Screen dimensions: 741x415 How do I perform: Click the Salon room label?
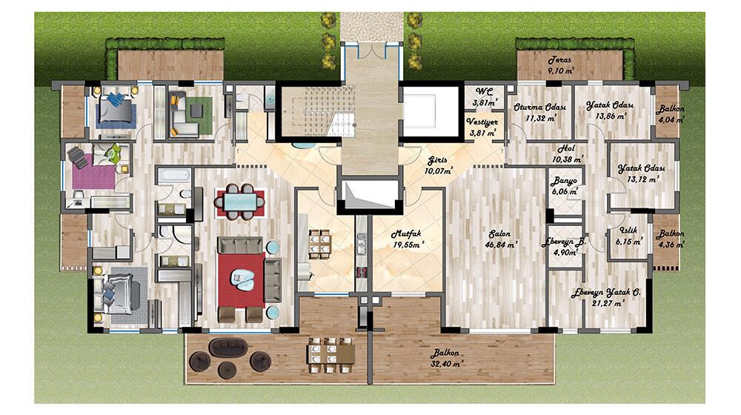click(499, 234)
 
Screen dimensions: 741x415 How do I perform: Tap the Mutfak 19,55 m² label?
click(406, 239)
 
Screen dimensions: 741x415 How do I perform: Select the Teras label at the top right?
click(560, 60)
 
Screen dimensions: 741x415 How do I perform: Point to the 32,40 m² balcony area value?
click(445, 364)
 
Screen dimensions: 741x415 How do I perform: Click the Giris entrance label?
click(437, 160)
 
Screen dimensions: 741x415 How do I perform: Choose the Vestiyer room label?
click(482, 122)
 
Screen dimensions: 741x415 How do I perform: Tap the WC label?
click(484, 92)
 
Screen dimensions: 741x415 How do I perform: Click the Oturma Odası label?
click(539, 107)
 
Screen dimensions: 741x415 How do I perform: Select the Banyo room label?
click(564, 181)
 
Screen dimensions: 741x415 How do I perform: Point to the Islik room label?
click(628, 230)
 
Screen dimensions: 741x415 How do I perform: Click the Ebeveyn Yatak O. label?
click(606, 293)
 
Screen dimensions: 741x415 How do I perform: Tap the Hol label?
click(566, 148)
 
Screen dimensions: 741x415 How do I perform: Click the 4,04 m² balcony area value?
click(671, 120)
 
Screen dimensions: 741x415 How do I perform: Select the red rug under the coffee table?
click(242, 280)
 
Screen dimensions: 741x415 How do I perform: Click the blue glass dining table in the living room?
click(239, 202)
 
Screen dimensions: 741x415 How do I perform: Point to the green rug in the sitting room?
click(198, 116)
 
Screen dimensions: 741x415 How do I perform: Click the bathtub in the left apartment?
click(174, 176)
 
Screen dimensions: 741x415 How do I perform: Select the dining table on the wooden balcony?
click(330, 354)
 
